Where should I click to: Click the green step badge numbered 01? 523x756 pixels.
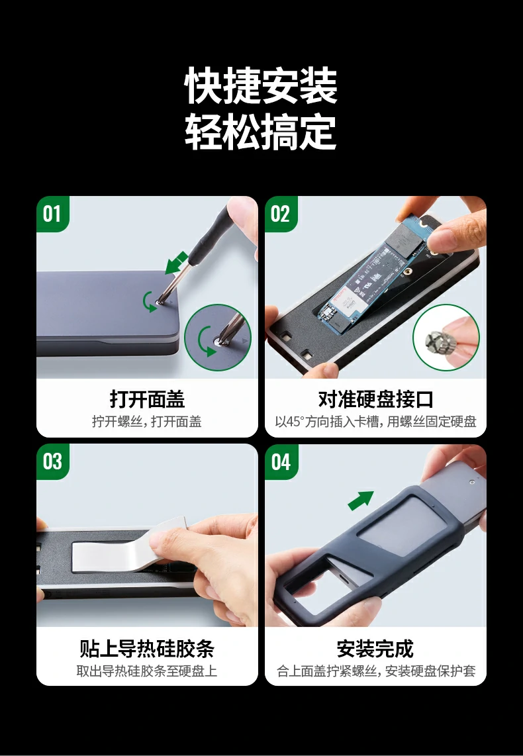[52, 214]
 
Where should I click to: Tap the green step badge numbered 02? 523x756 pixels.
[281, 214]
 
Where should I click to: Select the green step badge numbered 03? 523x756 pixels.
[52, 461]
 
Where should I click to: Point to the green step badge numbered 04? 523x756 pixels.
[281, 461]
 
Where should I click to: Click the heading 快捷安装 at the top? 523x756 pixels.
[261, 86]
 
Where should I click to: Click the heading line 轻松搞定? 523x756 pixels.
[261, 132]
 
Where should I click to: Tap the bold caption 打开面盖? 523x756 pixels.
[147, 399]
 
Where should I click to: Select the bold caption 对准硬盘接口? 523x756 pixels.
[375, 399]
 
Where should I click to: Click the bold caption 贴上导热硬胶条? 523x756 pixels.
[147, 647]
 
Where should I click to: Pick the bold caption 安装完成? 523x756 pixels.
[375, 647]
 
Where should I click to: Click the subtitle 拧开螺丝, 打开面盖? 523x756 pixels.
[147, 422]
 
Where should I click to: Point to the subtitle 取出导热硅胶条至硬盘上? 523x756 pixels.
[147, 671]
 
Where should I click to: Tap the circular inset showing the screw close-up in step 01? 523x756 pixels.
[217, 337]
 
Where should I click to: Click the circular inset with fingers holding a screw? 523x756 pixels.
[446, 337]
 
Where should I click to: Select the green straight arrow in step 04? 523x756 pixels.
[361, 500]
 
